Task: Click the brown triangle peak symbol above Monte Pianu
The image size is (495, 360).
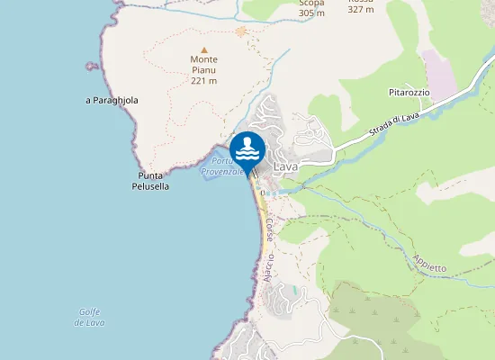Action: click(x=204, y=49)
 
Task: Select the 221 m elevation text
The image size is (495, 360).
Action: click(x=204, y=81)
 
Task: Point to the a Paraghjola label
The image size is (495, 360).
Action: click(x=112, y=101)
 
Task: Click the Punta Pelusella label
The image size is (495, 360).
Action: click(x=154, y=180)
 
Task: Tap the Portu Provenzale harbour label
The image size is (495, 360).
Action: click(x=221, y=166)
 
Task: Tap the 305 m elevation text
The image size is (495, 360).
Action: click(x=311, y=13)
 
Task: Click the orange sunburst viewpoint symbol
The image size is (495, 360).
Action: click(x=240, y=31)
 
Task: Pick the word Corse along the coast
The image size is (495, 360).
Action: click(x=268, y=229)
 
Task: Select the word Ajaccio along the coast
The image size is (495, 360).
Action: click(x=270, y=266)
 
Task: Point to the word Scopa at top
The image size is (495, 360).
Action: click(x=311, y=3)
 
